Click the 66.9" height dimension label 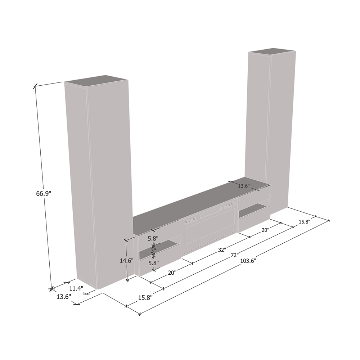point(44,194)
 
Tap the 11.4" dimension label point(76,288)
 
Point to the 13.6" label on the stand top point(244,186)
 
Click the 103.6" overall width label point(248,261)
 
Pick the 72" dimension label point(235,255)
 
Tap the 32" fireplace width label point(222,250)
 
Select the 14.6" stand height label point(127,261)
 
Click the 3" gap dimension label point(153,251)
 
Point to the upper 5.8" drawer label point(153,238)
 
